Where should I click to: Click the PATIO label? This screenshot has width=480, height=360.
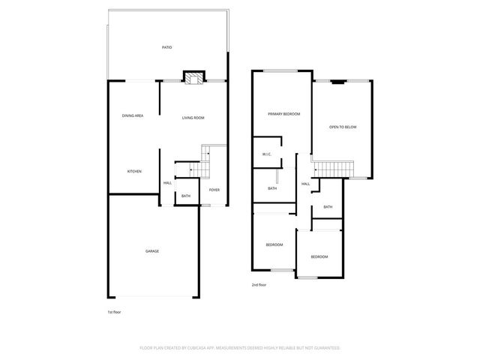click(x=166, y=48)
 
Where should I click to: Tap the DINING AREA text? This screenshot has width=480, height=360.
click(x=133, y=115)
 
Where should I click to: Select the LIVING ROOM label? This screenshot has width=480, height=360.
click(x=193, y=118)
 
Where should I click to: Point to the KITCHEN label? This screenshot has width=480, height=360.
click(x=134, y=172)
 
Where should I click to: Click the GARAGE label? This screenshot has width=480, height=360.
click(x=152, y=251)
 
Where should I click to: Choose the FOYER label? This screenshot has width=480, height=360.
click(x=214, y=190)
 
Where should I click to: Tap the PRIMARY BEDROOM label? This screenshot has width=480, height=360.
click(x=284, y=114)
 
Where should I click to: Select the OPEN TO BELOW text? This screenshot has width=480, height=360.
click(x=343, y=127)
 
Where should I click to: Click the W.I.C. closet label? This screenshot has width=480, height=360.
click(x=266, y=155)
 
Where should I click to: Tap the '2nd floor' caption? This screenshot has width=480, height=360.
click(x=259, y=285)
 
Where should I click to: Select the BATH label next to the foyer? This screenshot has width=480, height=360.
click(x=185, y=196)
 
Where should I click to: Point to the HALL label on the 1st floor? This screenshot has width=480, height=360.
click(x=168, y=182)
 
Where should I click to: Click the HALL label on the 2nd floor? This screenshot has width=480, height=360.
click(x=306, y=184)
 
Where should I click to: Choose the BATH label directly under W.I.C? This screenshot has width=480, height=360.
click(x=272, y=188)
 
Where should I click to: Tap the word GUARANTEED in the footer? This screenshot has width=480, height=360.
click(x=324, y=348)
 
